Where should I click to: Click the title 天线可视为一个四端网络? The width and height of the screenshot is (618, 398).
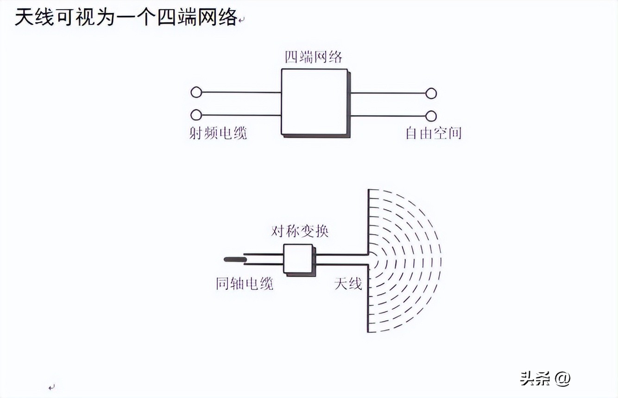(x=126, y=18)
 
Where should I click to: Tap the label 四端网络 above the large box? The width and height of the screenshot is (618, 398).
(x=314, y=57)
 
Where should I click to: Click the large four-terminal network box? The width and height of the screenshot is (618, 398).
(x=315, y=102)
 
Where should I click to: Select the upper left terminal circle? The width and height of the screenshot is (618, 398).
(x=196, y=92)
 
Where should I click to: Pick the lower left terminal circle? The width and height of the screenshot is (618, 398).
(x=196, y=115)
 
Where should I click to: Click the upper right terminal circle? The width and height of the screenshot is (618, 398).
(x=431, y=93)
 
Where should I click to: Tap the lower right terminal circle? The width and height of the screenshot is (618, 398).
(x=431, y=116)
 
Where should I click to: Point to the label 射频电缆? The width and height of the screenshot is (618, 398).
(x=218, y=133)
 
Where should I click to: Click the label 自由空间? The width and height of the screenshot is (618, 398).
(x=433, y=133)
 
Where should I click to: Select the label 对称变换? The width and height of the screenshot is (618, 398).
(x=300, y=231)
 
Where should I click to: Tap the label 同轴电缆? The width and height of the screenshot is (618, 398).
(x=244, y=283)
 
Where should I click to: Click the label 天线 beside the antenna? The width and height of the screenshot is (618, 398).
(x=348, y=283)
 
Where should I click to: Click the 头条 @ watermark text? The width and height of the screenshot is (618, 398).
(x=545, y=378)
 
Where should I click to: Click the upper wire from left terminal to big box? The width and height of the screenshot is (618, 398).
(x=241, y=92)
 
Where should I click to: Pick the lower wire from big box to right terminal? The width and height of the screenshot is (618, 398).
(x=388, y=116)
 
